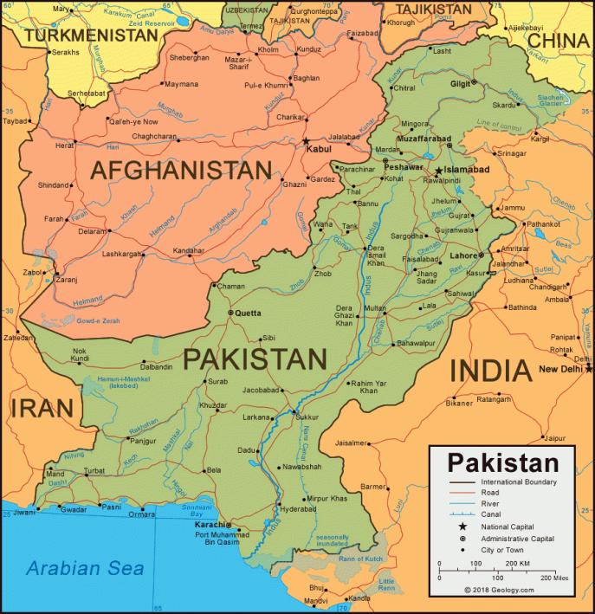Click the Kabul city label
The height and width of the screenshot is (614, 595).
[x=320, y=149]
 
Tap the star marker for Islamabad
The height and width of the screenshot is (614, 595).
[x=439, y=170]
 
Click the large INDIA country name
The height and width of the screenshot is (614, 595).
[x=489, y=371]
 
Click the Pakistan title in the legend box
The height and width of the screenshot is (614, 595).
[x=503, y=461]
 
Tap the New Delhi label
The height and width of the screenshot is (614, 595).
[x=559, y=369]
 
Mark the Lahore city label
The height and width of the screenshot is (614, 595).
[x=464, y=255]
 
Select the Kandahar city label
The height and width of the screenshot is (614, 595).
[x=189, y=250]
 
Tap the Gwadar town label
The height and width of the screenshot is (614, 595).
[x=74, y=509]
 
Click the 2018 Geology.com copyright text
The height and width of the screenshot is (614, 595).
[x=498, y=590]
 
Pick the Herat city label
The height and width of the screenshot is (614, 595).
[x=65, y=145]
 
